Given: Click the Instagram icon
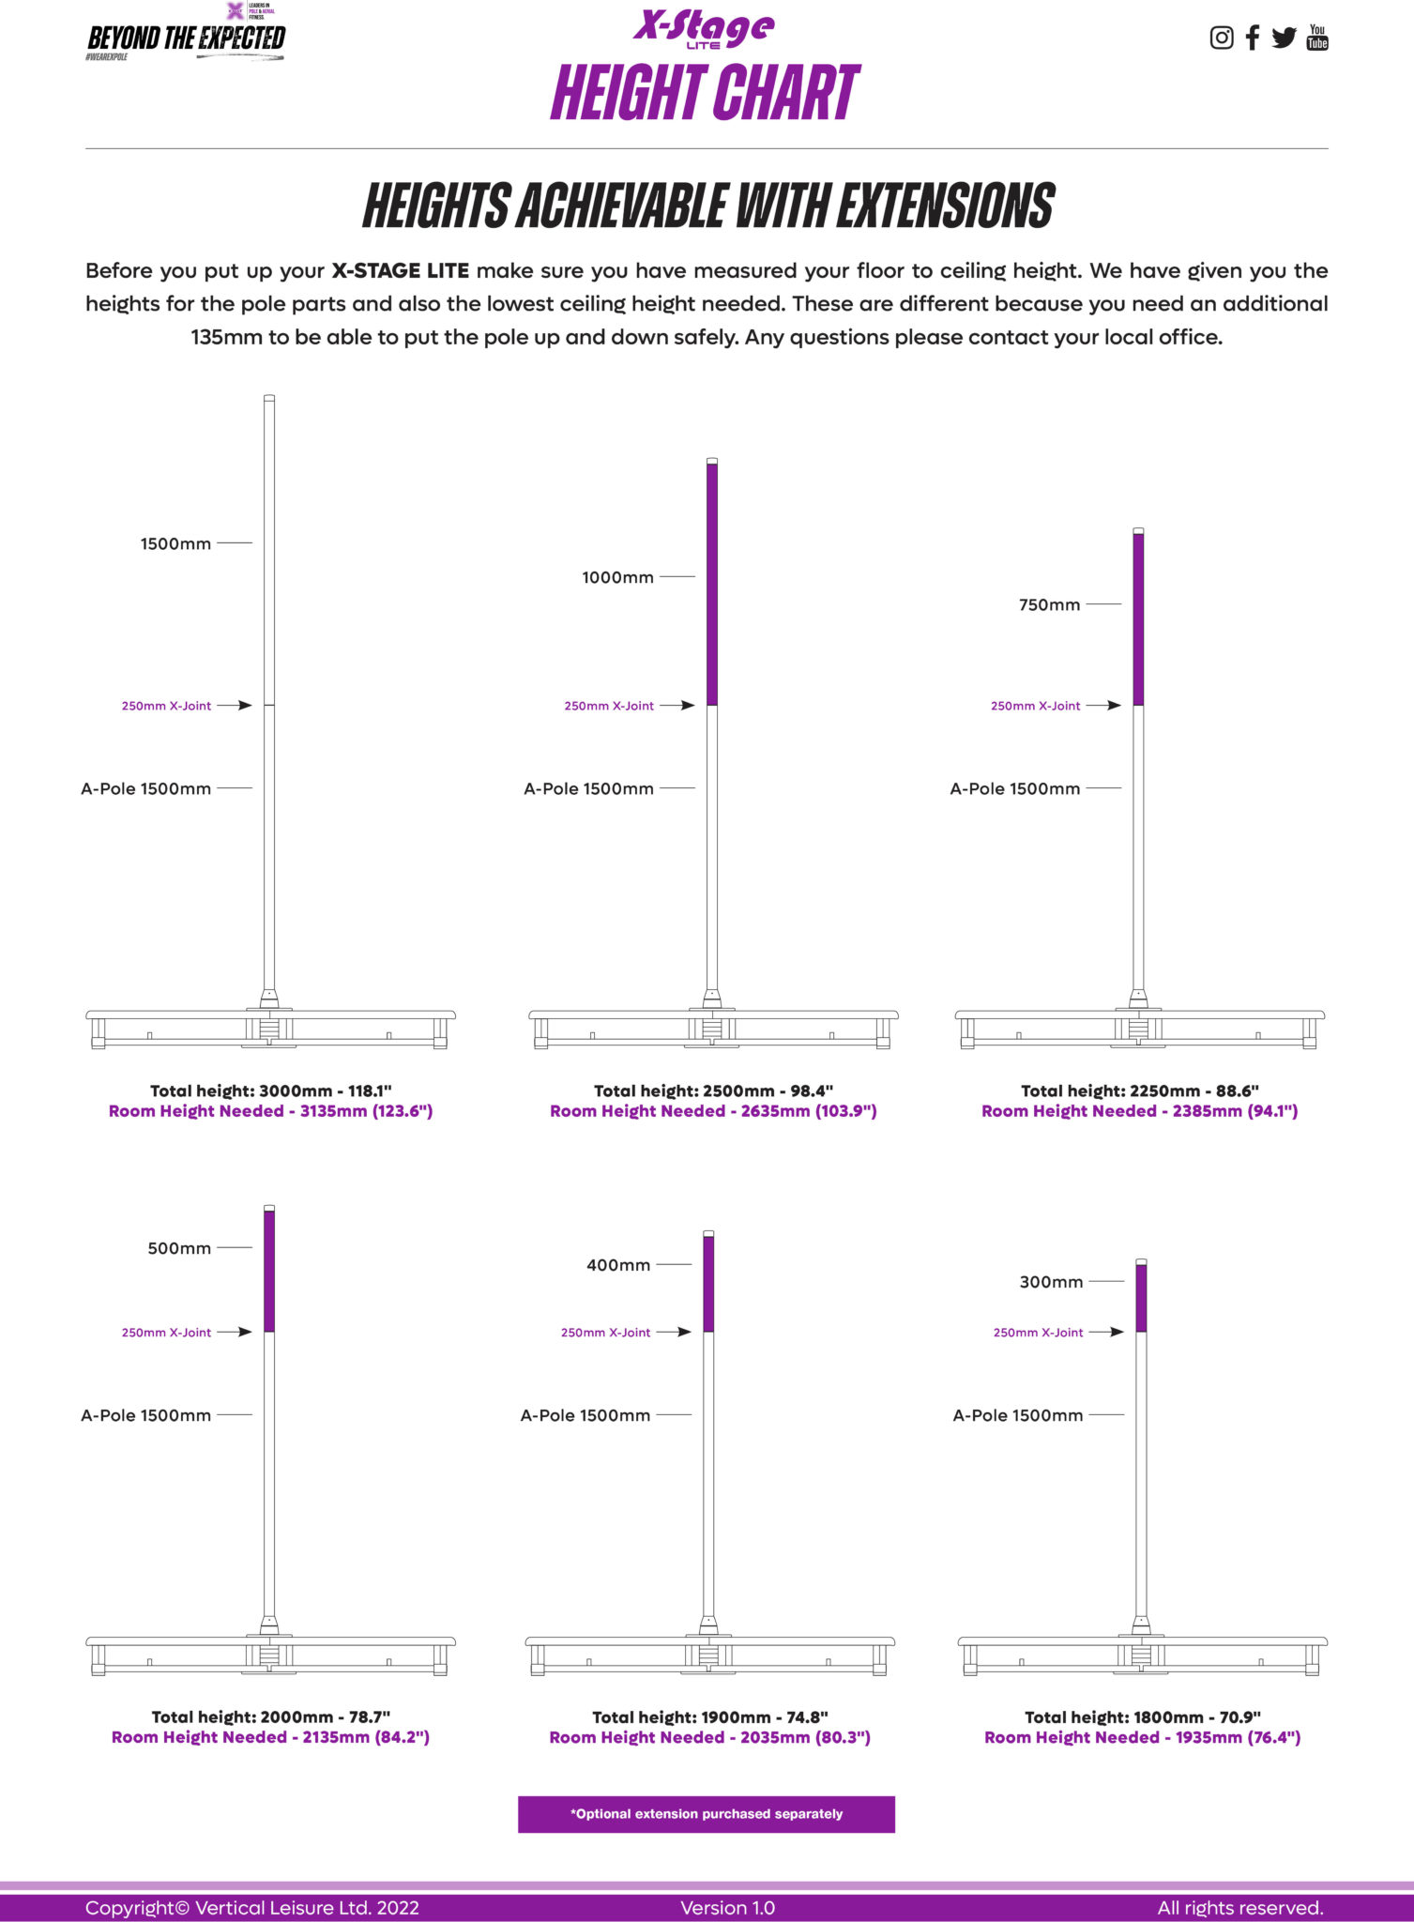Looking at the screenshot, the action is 1221,38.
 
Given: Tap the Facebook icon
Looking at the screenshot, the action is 1252,38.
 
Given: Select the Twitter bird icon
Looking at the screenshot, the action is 1284,38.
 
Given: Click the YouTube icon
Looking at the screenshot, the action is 1317,38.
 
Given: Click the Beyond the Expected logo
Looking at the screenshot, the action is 186,34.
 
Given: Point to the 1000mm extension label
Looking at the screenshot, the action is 617,577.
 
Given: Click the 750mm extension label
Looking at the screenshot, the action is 1049,604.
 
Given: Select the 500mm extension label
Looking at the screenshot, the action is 179,1248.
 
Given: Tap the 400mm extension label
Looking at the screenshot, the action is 618,1265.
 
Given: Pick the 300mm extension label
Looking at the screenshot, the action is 1051,1282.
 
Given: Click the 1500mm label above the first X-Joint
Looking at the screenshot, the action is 175,543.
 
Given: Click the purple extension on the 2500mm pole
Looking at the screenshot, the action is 712,584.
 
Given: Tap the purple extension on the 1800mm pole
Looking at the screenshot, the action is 1141,1298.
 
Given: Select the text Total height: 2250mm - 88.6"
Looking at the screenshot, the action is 1139,1091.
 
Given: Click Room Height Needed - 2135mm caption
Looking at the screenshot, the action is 270,1737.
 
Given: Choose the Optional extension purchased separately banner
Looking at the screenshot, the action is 707,1814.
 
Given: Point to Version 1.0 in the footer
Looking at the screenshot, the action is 728,1908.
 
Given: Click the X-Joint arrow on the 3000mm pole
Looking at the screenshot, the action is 235,705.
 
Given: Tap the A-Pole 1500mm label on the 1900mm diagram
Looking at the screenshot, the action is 585,1415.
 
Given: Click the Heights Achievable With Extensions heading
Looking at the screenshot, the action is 708,206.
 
